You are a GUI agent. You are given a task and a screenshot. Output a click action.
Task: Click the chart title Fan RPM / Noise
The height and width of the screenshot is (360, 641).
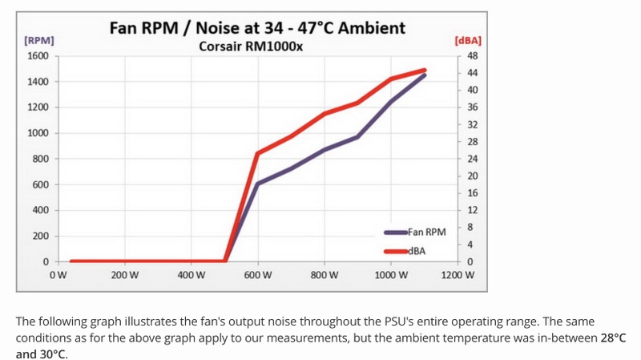[256, 28]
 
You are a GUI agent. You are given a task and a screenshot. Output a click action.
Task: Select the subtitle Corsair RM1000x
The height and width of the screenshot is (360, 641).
[251, 47]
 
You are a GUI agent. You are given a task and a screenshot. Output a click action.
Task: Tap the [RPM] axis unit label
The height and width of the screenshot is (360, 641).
[39, 40]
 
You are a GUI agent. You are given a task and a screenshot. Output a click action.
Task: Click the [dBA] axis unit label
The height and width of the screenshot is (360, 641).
[467, 40]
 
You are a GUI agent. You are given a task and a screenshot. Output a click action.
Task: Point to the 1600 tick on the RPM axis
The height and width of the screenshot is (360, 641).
[38, 56]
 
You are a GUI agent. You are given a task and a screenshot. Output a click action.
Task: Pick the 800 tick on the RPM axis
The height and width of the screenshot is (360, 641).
[41, 159]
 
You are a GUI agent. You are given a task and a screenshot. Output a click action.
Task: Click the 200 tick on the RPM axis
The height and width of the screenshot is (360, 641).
[41, 236]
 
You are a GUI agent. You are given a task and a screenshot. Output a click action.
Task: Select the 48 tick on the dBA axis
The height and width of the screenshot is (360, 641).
[472, 56]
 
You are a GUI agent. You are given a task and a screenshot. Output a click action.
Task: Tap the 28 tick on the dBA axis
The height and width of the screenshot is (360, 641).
[472, 142]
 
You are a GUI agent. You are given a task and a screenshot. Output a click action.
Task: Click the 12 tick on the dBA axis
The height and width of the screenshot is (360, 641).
[472, 210]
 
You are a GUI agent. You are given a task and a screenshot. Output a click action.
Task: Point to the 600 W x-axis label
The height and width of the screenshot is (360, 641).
[258, 275]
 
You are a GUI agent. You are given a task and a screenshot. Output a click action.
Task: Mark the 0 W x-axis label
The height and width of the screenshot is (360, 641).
[58, 275]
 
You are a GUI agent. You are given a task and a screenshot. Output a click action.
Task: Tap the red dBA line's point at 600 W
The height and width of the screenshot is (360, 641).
[257, 153]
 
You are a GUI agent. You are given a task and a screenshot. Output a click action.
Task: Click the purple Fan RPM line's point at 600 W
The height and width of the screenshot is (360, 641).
[257, 184]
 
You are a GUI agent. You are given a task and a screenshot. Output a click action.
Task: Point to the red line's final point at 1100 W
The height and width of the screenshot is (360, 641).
[425, 70]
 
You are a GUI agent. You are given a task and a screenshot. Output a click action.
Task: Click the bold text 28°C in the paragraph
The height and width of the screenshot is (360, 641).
[612, 338]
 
